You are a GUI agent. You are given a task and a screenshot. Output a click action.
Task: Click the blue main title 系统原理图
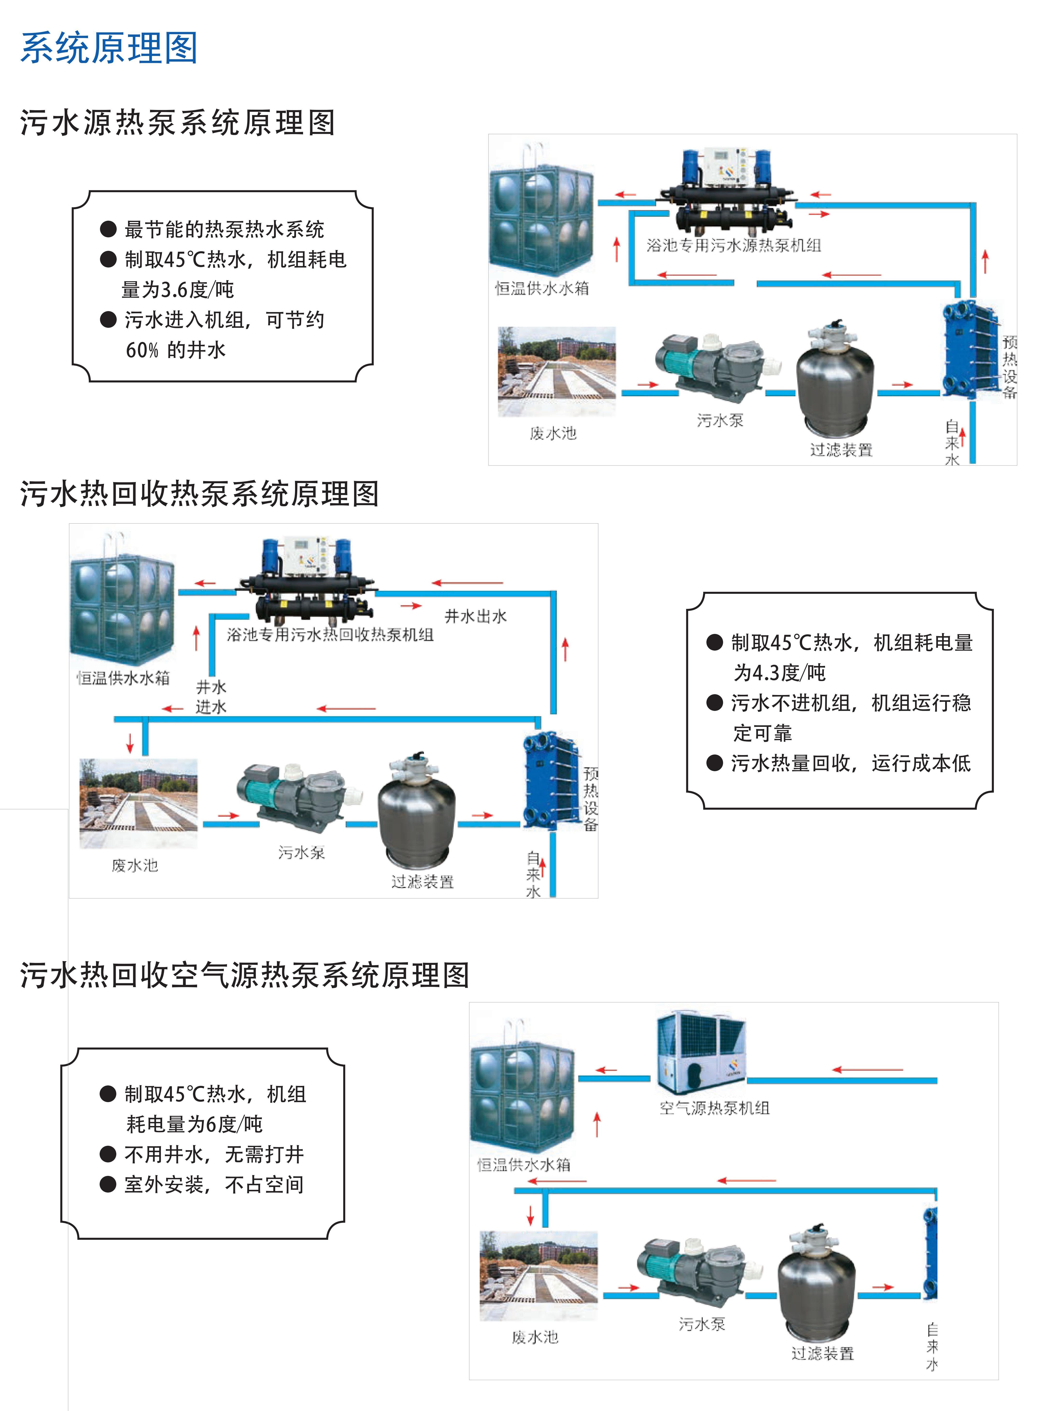pyautogui.click(x=109, y=48)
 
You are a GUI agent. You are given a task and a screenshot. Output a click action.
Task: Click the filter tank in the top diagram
pyautogui.click(x=836, y=377)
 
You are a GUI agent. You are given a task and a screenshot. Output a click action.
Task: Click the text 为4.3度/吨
pyautogui.click(x=779, y=672)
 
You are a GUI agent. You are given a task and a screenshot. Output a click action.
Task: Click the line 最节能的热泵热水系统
pyautogui.click(x=224, y=229)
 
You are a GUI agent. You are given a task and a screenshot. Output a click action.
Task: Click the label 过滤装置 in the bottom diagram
pyautogui.click(x=822, y=1353)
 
